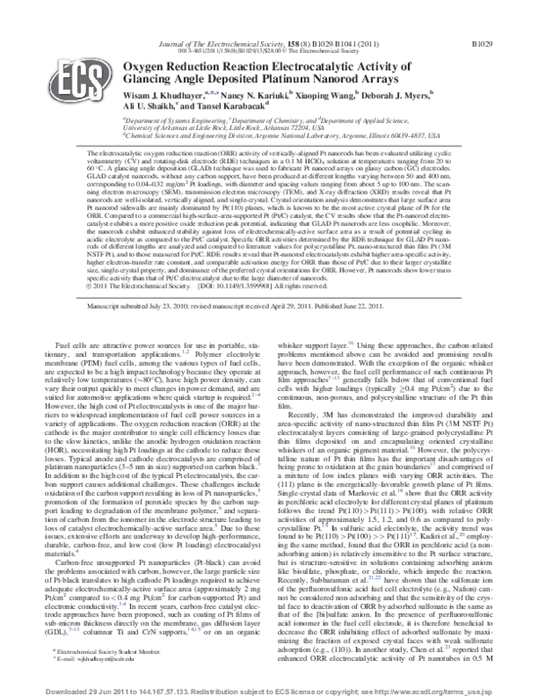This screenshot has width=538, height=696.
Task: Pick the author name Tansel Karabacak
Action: tap(230, 104)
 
